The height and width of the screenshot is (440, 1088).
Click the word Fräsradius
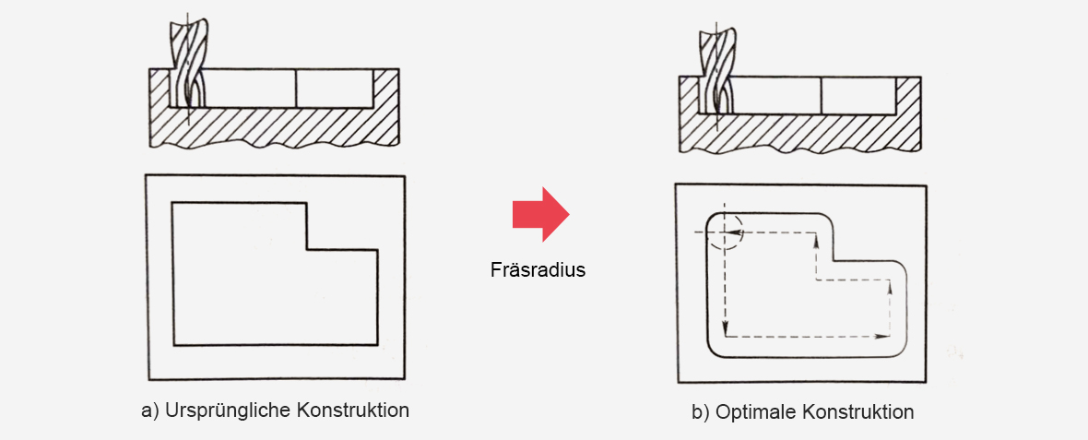(538, 269)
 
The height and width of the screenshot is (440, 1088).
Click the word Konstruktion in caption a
(353, 410)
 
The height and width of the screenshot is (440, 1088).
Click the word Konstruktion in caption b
(859, 412)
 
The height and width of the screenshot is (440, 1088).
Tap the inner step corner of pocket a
(307, 248)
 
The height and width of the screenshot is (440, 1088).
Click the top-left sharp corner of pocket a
(172, 203)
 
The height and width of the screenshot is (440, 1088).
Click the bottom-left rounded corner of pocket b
(714, 351)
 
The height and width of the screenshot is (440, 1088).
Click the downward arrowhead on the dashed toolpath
(725, 327)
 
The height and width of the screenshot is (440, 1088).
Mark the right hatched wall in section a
(385, 88)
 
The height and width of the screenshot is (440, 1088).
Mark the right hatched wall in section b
(909, 95)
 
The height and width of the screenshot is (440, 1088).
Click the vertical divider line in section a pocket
(296, 88)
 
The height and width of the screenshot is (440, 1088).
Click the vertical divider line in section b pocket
(821, 95)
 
